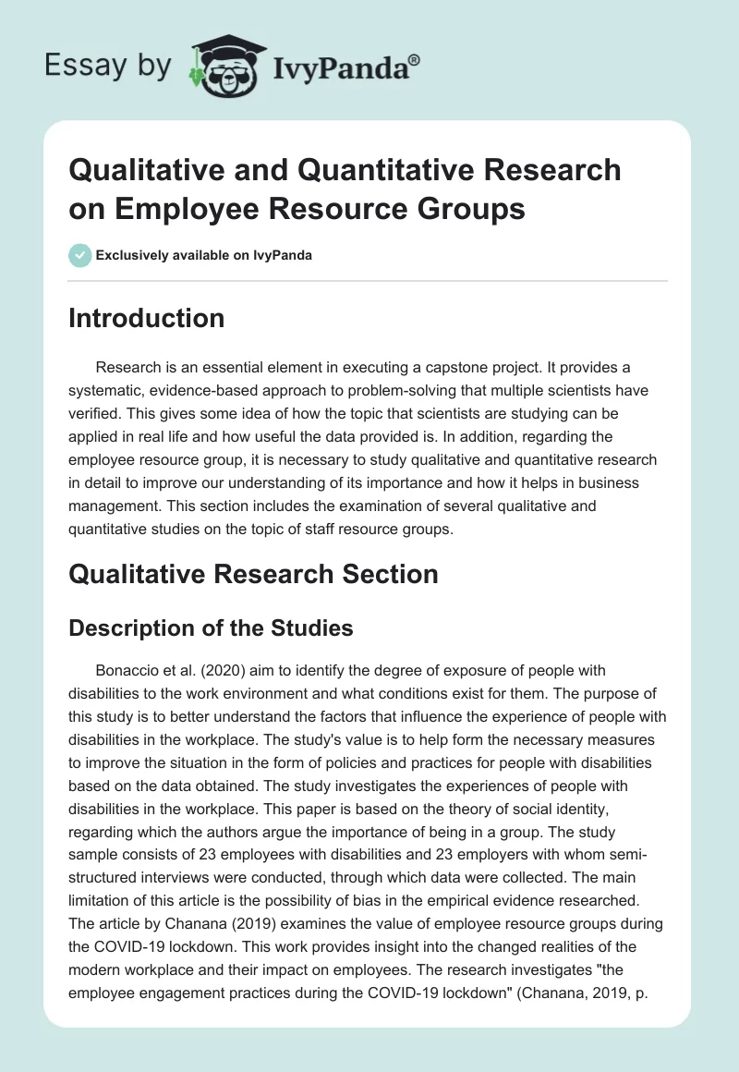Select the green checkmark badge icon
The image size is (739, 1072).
coord(80,255)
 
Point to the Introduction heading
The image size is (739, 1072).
coord(147,318)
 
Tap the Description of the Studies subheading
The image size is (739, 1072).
coord(212,628)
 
